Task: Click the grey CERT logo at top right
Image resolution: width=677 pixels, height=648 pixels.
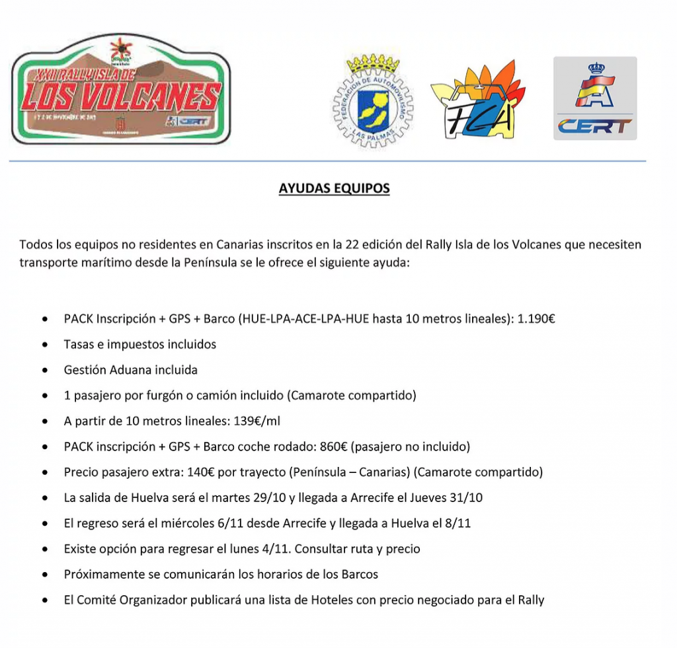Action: click(594, 98)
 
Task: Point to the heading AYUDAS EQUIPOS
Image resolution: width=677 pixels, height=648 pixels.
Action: click(334, 188)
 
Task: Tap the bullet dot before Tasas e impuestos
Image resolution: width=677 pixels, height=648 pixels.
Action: click(44, 345)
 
